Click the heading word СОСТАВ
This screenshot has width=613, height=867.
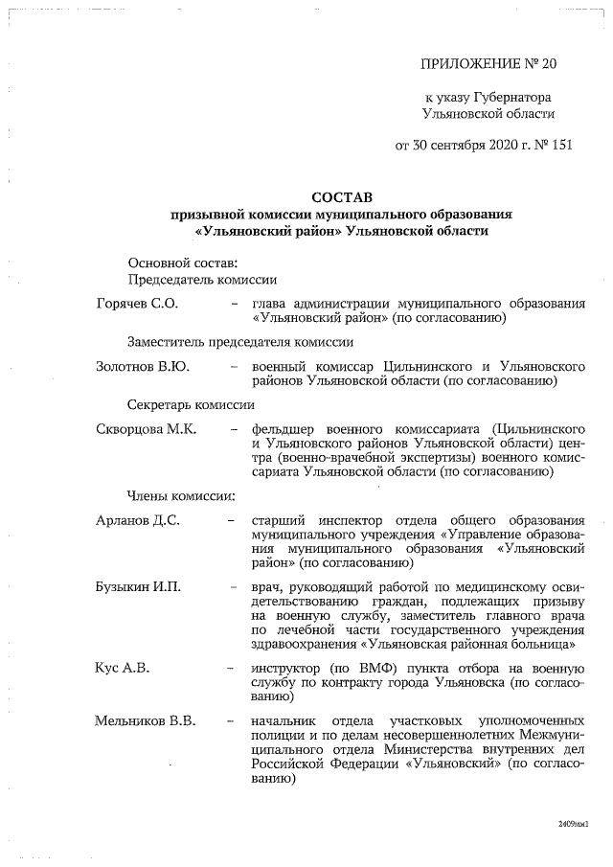click(342, 195)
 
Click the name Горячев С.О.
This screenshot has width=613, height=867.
click(137, 304)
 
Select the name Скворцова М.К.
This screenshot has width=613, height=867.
click(147, 429)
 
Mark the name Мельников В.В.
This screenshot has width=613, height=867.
click(146, 720)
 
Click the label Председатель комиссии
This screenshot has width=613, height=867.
click(202, 280)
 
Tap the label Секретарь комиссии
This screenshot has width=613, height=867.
click(191, 405)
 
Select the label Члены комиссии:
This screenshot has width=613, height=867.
click(180, 496)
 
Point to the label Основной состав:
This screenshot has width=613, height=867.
click(183, 262)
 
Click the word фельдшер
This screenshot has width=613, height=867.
click(283, 429)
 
